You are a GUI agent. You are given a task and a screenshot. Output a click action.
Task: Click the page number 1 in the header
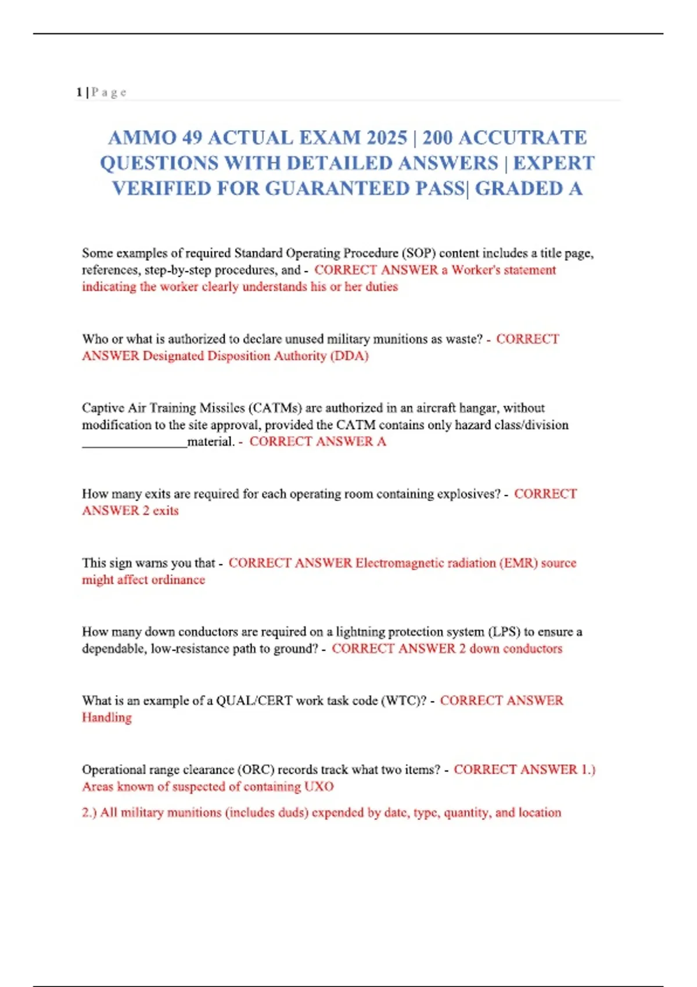[78, 92]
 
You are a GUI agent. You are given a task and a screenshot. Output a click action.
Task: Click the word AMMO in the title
[142, 138]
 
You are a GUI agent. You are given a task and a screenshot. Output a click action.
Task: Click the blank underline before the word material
[134, 442]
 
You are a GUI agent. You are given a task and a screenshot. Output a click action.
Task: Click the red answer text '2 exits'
[160, 511]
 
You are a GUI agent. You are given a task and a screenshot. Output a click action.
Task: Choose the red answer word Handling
[107, 718]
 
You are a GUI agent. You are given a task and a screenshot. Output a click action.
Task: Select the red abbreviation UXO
[318, 787]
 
